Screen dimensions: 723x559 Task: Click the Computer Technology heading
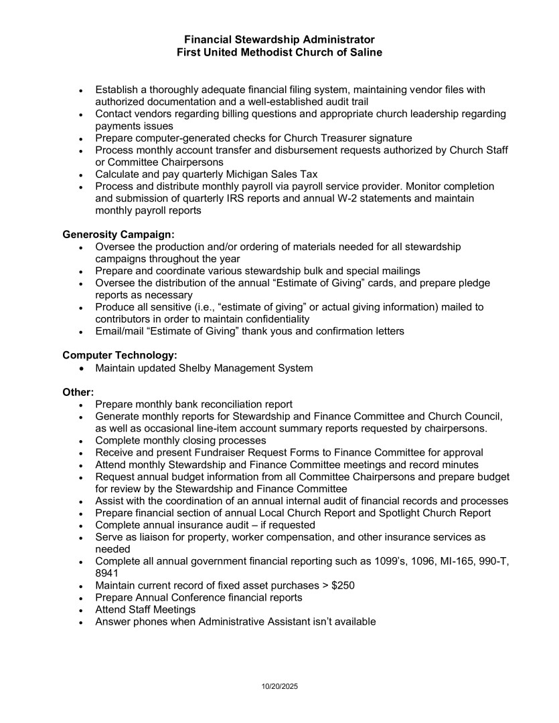point(120,355)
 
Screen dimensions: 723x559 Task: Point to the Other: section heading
point(78,392)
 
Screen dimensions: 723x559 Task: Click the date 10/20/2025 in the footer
point(279,686)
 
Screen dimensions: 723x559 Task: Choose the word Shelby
point(197,368)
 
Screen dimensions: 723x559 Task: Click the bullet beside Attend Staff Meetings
point(82,610)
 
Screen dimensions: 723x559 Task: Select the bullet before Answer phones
point(82,622)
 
